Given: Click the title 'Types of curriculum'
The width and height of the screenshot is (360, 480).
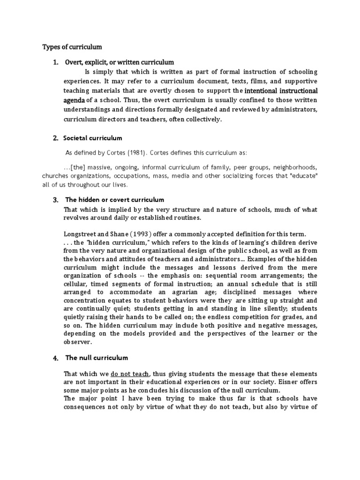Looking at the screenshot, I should click(x=72, y=47).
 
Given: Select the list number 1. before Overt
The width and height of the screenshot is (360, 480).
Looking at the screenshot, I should click(x=55, y=62).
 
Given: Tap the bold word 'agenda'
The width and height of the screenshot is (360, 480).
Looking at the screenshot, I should click(x=75, y=100).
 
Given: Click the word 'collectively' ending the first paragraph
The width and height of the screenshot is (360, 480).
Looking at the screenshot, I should click(x=201, y=119).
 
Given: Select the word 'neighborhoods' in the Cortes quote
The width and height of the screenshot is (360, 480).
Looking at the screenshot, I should click(x=293, y=167).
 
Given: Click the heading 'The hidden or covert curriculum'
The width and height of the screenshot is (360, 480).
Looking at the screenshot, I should click(x=114, y=200).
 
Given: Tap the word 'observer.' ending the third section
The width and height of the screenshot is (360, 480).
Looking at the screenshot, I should click(x=77, y=342).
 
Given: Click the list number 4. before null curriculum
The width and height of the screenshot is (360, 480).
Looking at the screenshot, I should click(x=55, y=358).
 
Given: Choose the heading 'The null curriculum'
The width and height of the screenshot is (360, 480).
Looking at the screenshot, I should click(x=97, y=358).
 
